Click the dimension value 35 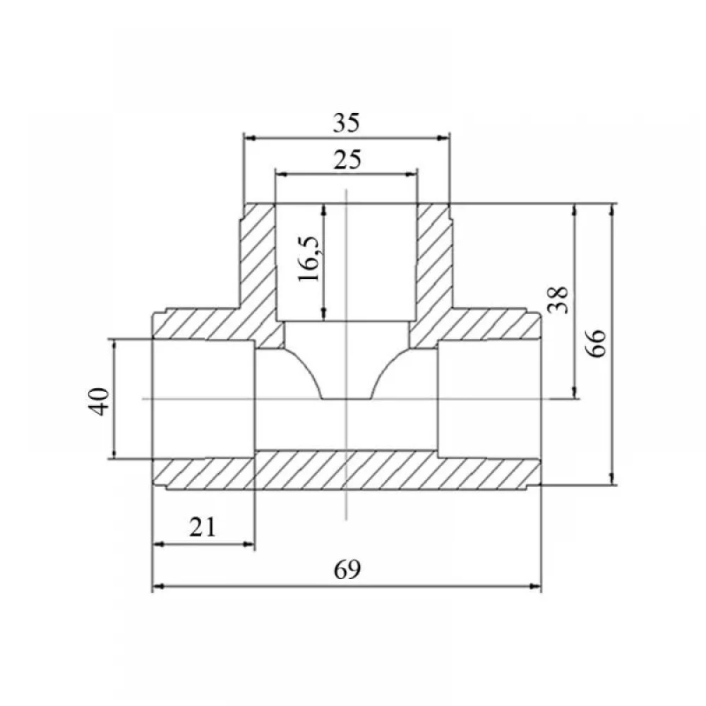pyautogui.click(x=346, y=123)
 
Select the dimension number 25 pyautogui.click(x=347, y=160)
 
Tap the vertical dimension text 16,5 pyautogui.click(x=309, y=258)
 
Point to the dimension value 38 pyautogui.click(x=558, y=300)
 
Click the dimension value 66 pyautogui.click(x=597, y=343)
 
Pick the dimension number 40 pyautogui.click(x=99, y=401)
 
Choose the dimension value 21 pyautogui.click(x=203, y=527)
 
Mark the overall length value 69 pyautogui.click(x=347, y=570)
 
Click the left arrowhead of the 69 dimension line pyautogui.click(x=158, y=587)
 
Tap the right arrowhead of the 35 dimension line pyautogui.click(x=444, y=138)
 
